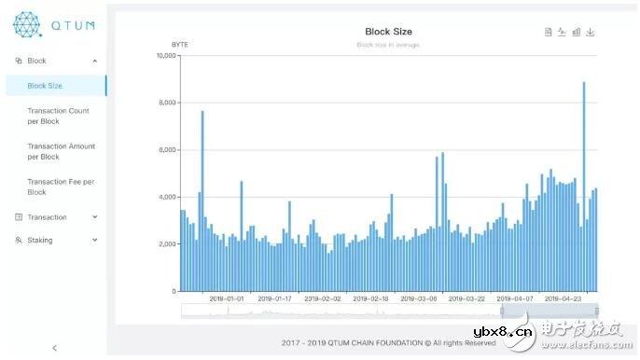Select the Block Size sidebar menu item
tap(45, 86)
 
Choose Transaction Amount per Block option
tap(61, 151)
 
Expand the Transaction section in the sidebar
tap(56, 217)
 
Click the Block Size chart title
tap(389, 32)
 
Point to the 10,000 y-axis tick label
tap(166, 56)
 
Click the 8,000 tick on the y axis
tap(168, 103)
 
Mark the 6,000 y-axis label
tap(168, 150)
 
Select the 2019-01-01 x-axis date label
tap(226, 299)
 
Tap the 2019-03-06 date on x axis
tap(419, 299)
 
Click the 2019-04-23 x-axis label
tap(563, 299)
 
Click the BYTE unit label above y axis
tap(180, 45)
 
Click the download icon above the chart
tap(591, 32)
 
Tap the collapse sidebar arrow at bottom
tap(54, 348)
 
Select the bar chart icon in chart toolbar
tap(577, 32)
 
